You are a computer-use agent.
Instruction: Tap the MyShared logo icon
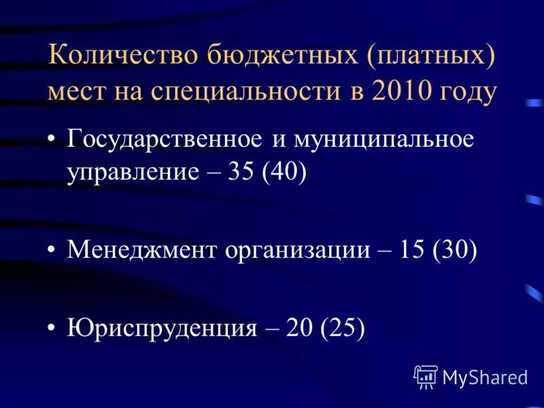[426, 376]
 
